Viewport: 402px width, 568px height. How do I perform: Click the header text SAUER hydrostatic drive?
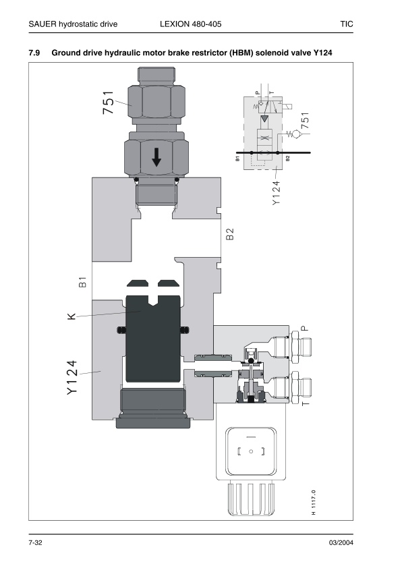(x=73, y=24)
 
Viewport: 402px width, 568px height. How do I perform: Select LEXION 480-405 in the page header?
(x=190, y=24)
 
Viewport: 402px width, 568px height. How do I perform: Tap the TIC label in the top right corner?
(x=347, y=24)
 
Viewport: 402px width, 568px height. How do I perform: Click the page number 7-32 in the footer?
(x=36, y=543)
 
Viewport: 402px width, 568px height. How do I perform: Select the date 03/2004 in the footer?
(x=340, y=543)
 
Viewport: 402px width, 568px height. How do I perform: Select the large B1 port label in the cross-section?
(x=82, y=282)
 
